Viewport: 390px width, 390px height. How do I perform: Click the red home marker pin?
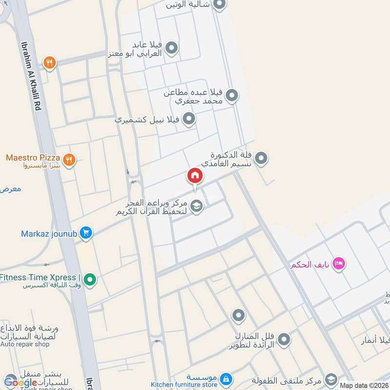click(x=195, y=176)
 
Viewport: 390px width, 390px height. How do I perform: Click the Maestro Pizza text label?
click(x=33, y=158)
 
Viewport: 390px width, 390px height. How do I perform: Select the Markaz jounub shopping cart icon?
click(x=86, y=233)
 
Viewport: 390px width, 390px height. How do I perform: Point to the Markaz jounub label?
click(x=49, y=233)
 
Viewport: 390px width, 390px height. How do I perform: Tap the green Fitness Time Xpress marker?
click(x=90, y=279)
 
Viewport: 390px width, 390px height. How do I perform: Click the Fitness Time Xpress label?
click(x=39, y=278)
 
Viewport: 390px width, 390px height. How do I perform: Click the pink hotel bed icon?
click(x=339, y=264)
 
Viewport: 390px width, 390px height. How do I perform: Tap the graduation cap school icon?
click(x=196, y=207)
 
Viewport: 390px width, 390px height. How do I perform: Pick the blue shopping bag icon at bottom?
click(x=225, y=378)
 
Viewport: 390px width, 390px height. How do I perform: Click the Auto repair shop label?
click(x=25, y=344)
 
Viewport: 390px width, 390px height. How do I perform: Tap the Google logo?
click(x=20, y=382)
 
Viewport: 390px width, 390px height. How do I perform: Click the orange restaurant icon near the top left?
click(x=49, y=62)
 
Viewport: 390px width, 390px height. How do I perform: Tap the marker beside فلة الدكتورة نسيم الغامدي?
click(x=261, y=158)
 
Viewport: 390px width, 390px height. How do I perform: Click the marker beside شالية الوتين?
click(x=219, y=5)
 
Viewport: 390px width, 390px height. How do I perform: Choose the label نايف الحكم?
click(x=310, y=265)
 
